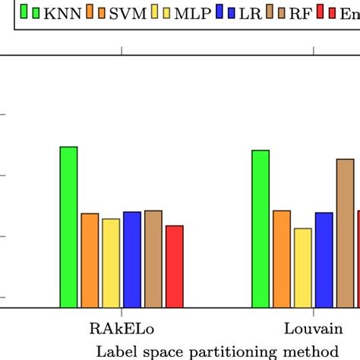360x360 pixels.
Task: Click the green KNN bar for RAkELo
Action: pyautogui.click(x=68, y=227)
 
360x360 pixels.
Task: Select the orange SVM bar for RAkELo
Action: pyautogui.click(x=90, y=261)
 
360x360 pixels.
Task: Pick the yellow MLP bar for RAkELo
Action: pyautogui.click(x=111, y=263)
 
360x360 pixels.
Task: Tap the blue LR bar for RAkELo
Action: pyautogui.click(x=132, y=260)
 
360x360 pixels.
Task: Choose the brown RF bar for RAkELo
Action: pyautogui.click(x=153, y=259)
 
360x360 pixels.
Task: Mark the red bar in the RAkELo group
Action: pyautogui.click(x=175, y=267)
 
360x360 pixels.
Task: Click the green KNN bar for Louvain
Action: pyautogui.click(x=261, y=229)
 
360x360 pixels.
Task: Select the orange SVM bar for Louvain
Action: pyautogui.click(x=282, y=259)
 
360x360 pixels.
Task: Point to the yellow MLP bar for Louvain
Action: pyautogui.click(x=303, y=268)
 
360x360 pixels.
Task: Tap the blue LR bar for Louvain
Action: pyautogui.click(x=324, y=260)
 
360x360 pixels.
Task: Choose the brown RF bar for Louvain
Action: pyautogui.click(x=346, y=233)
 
